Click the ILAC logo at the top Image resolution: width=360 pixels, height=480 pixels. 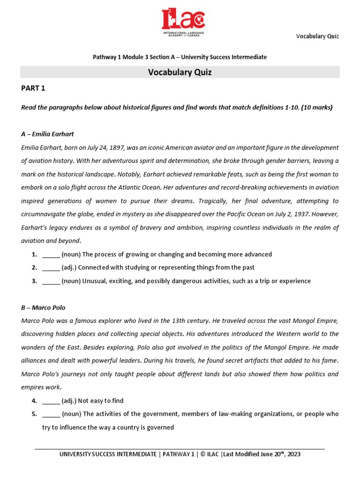click(183, 23)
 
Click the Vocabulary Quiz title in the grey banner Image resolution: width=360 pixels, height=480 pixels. click(180, 72)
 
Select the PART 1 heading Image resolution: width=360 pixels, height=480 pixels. click(33, 88)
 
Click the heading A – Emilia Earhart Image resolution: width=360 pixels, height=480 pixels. click(47, 134)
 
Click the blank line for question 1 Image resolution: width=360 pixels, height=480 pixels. click(51, 255)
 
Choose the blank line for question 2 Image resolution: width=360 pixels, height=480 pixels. click(51, 268)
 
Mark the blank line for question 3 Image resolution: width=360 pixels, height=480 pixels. click(51, 281)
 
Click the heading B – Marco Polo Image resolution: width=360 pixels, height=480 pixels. click(43, 308)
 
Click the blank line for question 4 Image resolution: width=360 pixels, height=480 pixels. click(51, 401)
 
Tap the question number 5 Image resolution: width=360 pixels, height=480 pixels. click(34, 414)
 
